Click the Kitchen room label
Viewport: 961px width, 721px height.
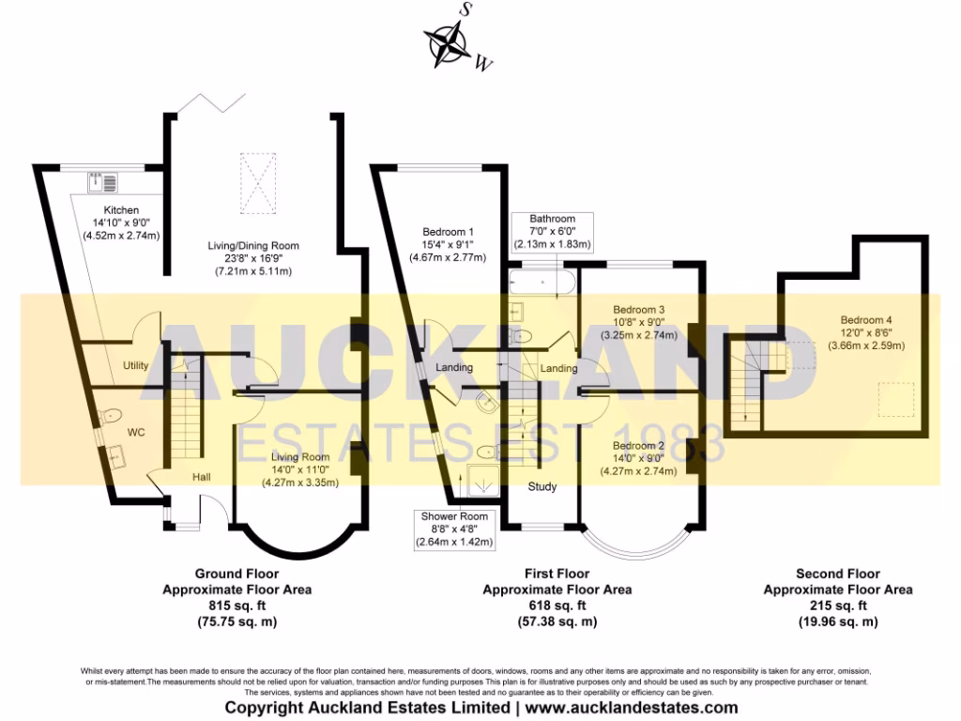121,209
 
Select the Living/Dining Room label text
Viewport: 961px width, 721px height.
253,246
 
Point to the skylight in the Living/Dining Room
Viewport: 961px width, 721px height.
259,185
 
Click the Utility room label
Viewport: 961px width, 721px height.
136,365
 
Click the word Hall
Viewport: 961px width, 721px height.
202,477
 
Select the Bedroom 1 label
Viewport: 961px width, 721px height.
448,232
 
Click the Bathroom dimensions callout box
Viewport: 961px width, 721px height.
552,231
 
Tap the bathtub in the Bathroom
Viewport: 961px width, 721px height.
540,283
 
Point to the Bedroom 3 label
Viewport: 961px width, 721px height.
638,309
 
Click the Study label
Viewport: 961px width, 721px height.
542,486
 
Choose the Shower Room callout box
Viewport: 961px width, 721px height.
454,529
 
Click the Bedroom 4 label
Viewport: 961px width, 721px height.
866,319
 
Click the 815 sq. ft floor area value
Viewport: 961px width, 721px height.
236,606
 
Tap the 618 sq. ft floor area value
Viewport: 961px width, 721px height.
557,606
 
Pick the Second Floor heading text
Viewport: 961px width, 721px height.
837,573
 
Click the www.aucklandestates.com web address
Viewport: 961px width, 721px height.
631,708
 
